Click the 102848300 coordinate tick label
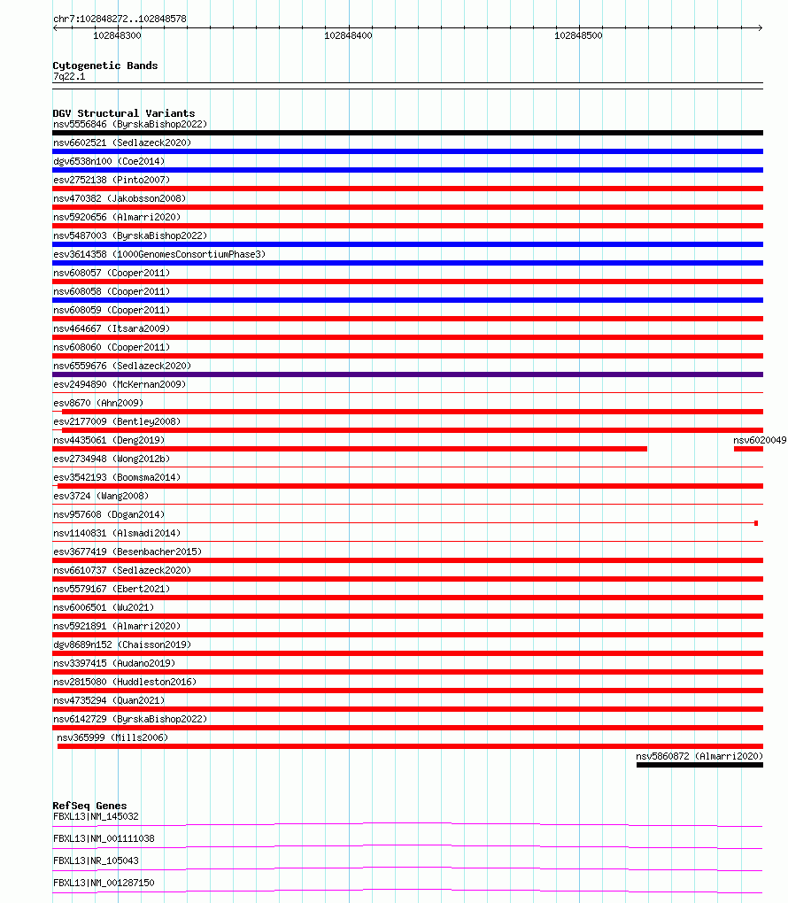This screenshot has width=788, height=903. click(x=117, y=35)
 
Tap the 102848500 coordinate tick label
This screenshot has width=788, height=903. click(x=578, y=35)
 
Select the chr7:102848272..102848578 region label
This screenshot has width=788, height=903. click(x=120, y=19)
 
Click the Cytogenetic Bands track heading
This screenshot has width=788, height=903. click(x=104, y=66)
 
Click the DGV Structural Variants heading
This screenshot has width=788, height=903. click(x=123, y=113)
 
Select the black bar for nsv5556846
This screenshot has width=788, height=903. click(x=407, y=133)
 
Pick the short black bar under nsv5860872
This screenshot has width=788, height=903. click(x=699, y=765)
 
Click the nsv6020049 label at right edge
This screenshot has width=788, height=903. click(x=760, y=440)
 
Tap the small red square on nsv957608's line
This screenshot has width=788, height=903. click(x=755, y=523)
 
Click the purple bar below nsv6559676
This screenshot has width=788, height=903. click(x=407, y=374)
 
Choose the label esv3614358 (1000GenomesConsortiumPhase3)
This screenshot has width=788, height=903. click(x=158, y=254)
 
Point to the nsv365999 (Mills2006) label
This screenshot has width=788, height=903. click(x=112, y=737)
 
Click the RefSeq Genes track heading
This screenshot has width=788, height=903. click(x=89, y=806)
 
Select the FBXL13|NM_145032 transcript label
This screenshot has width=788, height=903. click(x=96, y=816)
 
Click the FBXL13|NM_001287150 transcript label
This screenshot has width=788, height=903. click(x=103, y=883)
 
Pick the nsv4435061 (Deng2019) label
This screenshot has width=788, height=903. click(x=108, y=440)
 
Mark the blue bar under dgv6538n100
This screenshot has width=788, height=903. click(x=407, y=170)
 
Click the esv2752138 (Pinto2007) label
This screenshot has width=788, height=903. click(x=111, y=180)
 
